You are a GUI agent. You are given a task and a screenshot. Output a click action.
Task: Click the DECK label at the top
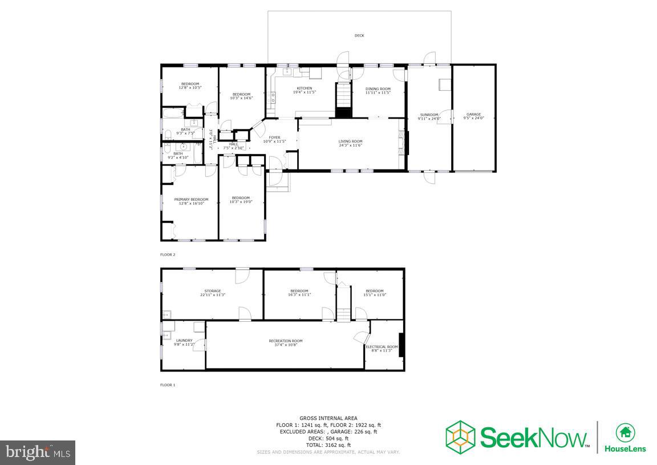click(359, 35)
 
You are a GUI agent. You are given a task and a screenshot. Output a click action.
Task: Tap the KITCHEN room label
click(305, 88)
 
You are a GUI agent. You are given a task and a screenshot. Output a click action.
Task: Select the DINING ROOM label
click(378, 88)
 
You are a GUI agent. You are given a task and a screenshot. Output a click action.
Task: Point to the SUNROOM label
click(428, 115)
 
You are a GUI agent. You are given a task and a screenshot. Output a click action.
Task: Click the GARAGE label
click(474, 114)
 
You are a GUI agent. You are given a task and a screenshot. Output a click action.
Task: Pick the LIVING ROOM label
click(350, 141)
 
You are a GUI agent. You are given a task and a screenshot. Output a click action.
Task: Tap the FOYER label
click(275, 137)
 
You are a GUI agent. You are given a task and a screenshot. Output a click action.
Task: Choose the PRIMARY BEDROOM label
click(191, 199)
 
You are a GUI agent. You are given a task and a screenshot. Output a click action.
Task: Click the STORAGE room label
click(213, 291)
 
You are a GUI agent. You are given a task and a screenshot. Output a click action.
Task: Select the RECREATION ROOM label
click(286, 341)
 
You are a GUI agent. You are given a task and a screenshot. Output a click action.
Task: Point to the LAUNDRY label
click(184, 341)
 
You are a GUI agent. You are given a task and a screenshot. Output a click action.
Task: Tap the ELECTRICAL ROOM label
click(382, 347)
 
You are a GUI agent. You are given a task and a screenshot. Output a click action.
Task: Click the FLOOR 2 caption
click(168, 254)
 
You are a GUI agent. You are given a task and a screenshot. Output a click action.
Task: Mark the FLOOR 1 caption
click(168, 385)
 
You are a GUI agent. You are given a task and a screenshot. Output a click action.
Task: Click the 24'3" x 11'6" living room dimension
click(350, 145)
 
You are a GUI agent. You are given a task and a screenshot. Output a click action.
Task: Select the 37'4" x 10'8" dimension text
click(286, 345)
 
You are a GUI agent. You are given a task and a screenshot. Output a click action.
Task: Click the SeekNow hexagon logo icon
click(461, 437)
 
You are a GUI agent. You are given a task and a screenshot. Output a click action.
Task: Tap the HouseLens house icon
click(625, 432)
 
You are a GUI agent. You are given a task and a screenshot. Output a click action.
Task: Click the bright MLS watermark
click(38, 452)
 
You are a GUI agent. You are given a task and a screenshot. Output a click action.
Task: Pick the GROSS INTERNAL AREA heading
click(328, 418)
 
